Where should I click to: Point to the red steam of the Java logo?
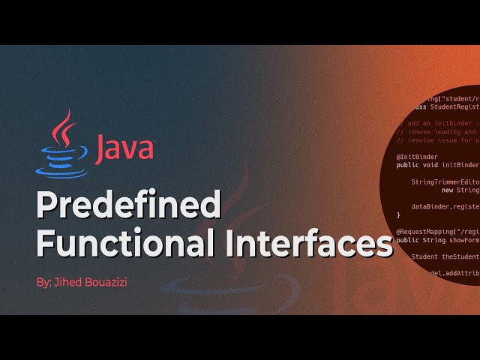[x=65, y=127]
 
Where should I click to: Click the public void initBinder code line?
[x=438, y=165]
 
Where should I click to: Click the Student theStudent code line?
[x=445, y=256]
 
